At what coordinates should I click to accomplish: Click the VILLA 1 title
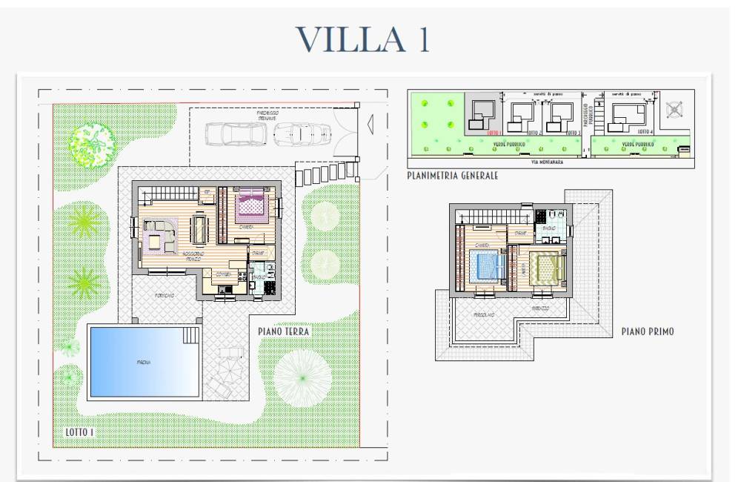[362, 38]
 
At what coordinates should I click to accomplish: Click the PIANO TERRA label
[284, 332]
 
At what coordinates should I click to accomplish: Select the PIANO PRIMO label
[648, 332]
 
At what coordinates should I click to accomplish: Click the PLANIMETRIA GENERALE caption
[452, 176]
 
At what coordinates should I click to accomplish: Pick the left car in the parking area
[233, 133]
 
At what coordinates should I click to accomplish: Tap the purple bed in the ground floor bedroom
[250, 204]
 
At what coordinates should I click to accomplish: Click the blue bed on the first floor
[486, 265]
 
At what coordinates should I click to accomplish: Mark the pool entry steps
[191, 335]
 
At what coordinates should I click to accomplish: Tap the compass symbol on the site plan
[674, 110]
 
